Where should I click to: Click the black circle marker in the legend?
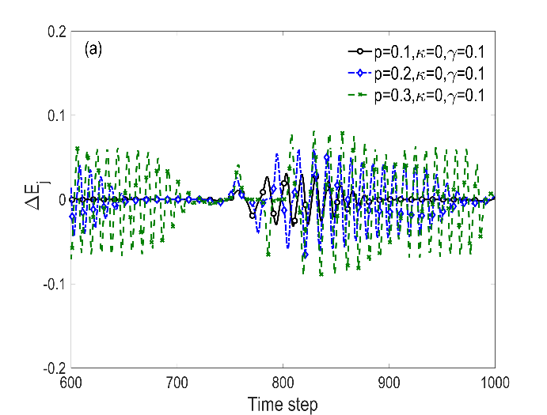[x=360, y=52]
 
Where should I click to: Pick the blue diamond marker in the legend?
[x=360, y=74]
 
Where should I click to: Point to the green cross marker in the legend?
[x=360, y=95]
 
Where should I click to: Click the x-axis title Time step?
[x=283, y=404]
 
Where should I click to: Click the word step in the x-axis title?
[x=302, y=405]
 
